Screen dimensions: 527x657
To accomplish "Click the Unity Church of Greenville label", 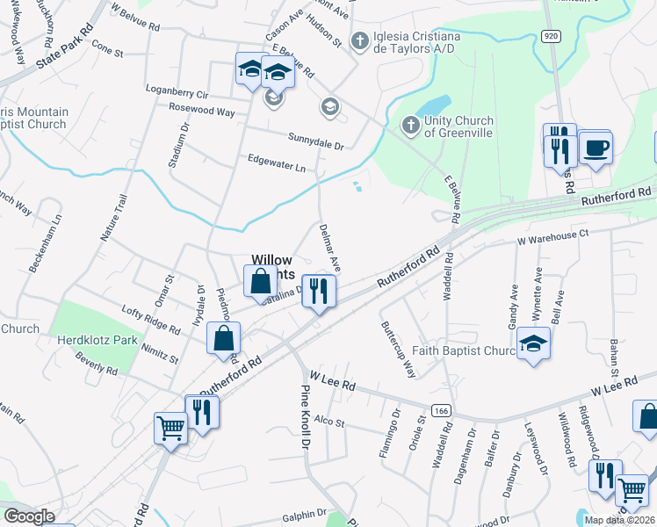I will (458, 126).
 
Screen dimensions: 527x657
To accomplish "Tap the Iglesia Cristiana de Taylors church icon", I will (358, 40).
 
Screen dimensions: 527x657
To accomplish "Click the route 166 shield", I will (441, 410).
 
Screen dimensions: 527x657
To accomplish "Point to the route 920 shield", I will (551, 36).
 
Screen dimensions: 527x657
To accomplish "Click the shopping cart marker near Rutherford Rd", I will (170, 429).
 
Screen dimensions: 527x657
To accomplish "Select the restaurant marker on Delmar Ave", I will (319, 292).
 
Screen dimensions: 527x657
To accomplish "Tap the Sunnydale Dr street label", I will (315, 139).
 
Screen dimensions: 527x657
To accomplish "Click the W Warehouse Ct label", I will (552, 235).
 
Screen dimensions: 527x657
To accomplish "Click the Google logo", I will (29, 516).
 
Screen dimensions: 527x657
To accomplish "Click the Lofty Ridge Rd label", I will (150, 325).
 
